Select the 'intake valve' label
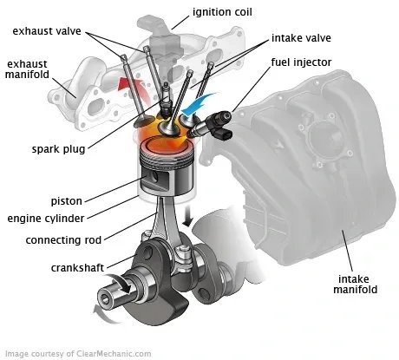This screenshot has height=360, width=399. [304, 39]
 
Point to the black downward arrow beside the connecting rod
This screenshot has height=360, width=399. [186, 222]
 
